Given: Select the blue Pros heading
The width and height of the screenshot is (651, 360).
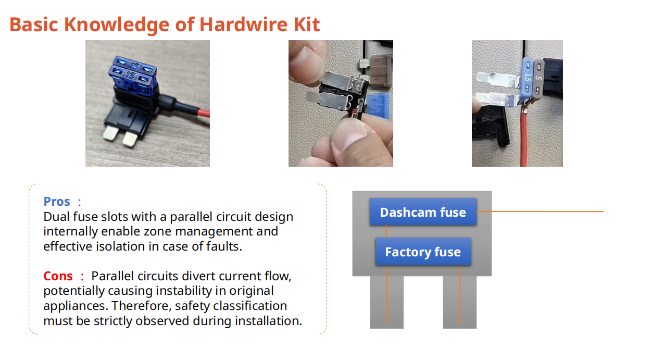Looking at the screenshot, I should tap(57, 202).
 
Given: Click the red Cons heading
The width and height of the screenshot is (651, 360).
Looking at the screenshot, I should tap(58, 276).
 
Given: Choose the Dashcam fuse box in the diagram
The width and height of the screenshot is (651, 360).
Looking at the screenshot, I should tap(423, 212).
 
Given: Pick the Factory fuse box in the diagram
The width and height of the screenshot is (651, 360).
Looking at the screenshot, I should tap(423, 252).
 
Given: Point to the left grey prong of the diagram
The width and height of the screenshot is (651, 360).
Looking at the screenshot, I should tap(386, 302).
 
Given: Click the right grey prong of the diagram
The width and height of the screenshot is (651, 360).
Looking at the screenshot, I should tap(459, 302).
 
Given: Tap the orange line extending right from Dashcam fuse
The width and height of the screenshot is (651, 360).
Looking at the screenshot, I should tap(542, 212).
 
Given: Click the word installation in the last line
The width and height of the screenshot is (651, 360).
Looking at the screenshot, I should tap(268, 320).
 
